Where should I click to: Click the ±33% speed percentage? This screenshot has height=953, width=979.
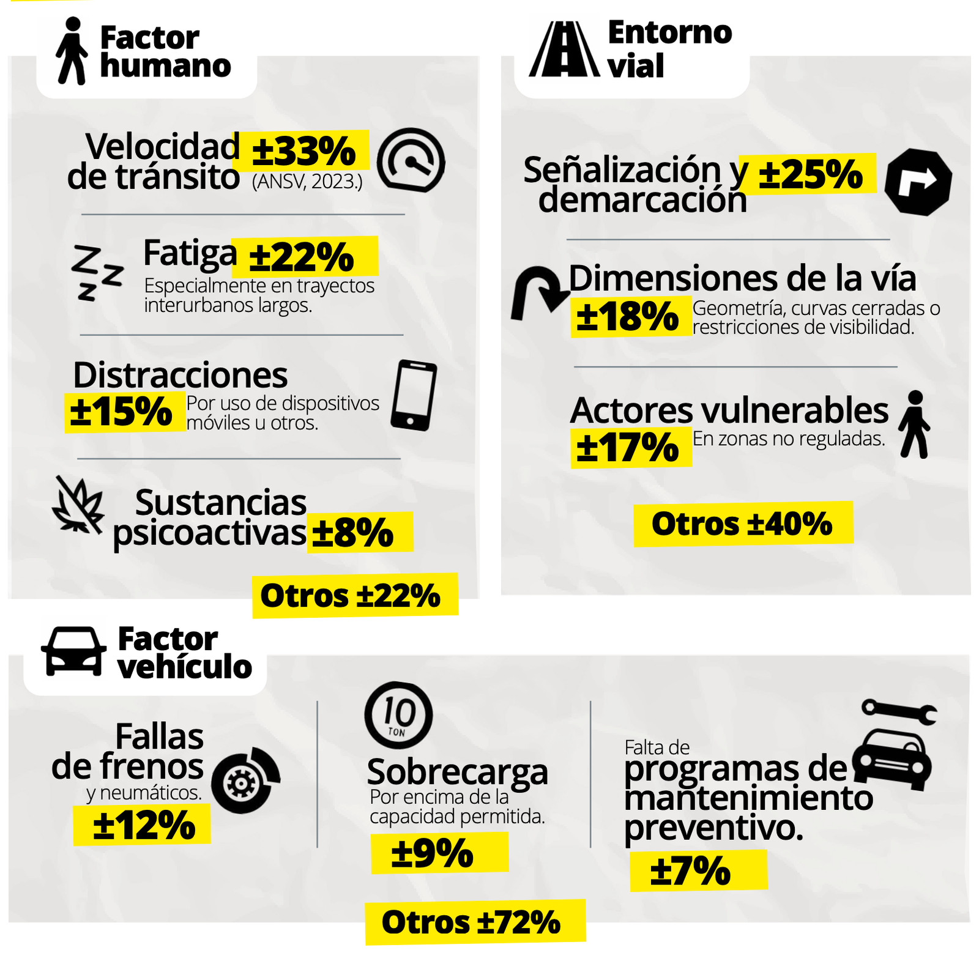tap(304, 151)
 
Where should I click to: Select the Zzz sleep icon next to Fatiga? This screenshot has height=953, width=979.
tap(97, 273)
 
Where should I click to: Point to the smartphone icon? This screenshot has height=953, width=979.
tap(414, 395)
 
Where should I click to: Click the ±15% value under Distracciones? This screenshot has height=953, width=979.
tap(121, 412)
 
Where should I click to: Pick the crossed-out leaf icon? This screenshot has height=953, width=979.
tap(78, 505)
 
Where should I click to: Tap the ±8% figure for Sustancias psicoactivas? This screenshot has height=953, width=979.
tap(352, 533)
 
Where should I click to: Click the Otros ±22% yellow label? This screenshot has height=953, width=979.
tap(351, 596)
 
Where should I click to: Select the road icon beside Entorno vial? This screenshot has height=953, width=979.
tap(564, 49)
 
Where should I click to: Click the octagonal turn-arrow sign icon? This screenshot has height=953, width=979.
tap(918, 182)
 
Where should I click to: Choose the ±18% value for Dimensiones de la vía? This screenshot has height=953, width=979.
tap(627, 317)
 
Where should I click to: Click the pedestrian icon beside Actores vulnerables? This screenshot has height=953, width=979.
tap(915, 425)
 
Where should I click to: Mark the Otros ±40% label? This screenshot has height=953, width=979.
tap(742, 524)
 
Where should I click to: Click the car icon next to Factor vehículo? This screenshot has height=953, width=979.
tap(73, 651)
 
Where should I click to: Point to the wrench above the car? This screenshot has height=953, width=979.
tap(899, 711)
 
